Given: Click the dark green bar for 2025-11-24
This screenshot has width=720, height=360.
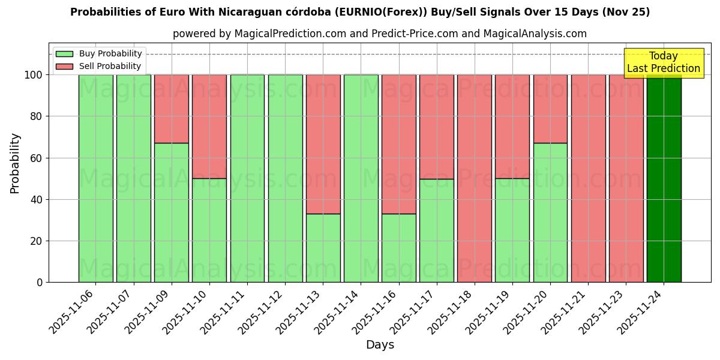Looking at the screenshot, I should point(664,178).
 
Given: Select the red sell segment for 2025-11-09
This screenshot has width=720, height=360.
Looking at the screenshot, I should point(172,109).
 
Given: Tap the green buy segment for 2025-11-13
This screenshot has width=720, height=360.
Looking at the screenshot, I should point(323,248).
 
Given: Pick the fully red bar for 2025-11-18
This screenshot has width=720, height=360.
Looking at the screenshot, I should point(475,178).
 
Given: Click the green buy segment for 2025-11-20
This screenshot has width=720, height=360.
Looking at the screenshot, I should point(550,212).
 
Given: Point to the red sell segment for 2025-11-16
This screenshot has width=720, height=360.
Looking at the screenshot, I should point(398,144).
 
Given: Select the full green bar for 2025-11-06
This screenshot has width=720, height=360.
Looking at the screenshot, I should point(96,178).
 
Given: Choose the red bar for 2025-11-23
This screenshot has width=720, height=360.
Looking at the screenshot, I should point(626,178).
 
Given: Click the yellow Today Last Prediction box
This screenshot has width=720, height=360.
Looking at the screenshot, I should point(663,63).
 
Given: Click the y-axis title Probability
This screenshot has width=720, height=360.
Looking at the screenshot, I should point(15,163).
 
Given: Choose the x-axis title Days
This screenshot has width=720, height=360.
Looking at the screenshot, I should point(380,345).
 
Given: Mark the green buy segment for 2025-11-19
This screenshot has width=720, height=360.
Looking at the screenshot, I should point(512,230).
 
